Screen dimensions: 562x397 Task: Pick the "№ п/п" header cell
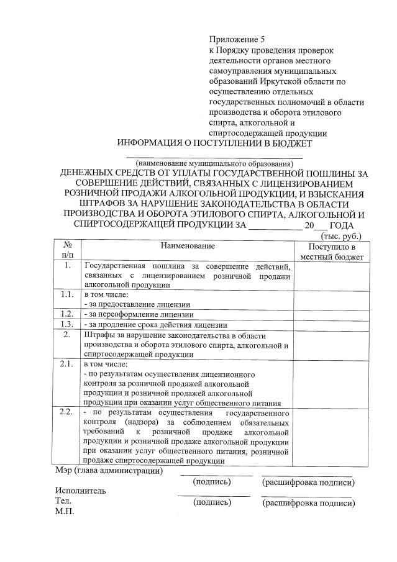(68, 252)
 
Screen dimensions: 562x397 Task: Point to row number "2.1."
(68, 364)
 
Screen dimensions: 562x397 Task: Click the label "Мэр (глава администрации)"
(109, 471)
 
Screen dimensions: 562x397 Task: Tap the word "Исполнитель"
(80, 491)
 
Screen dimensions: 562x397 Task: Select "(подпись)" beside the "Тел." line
(212, 502)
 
